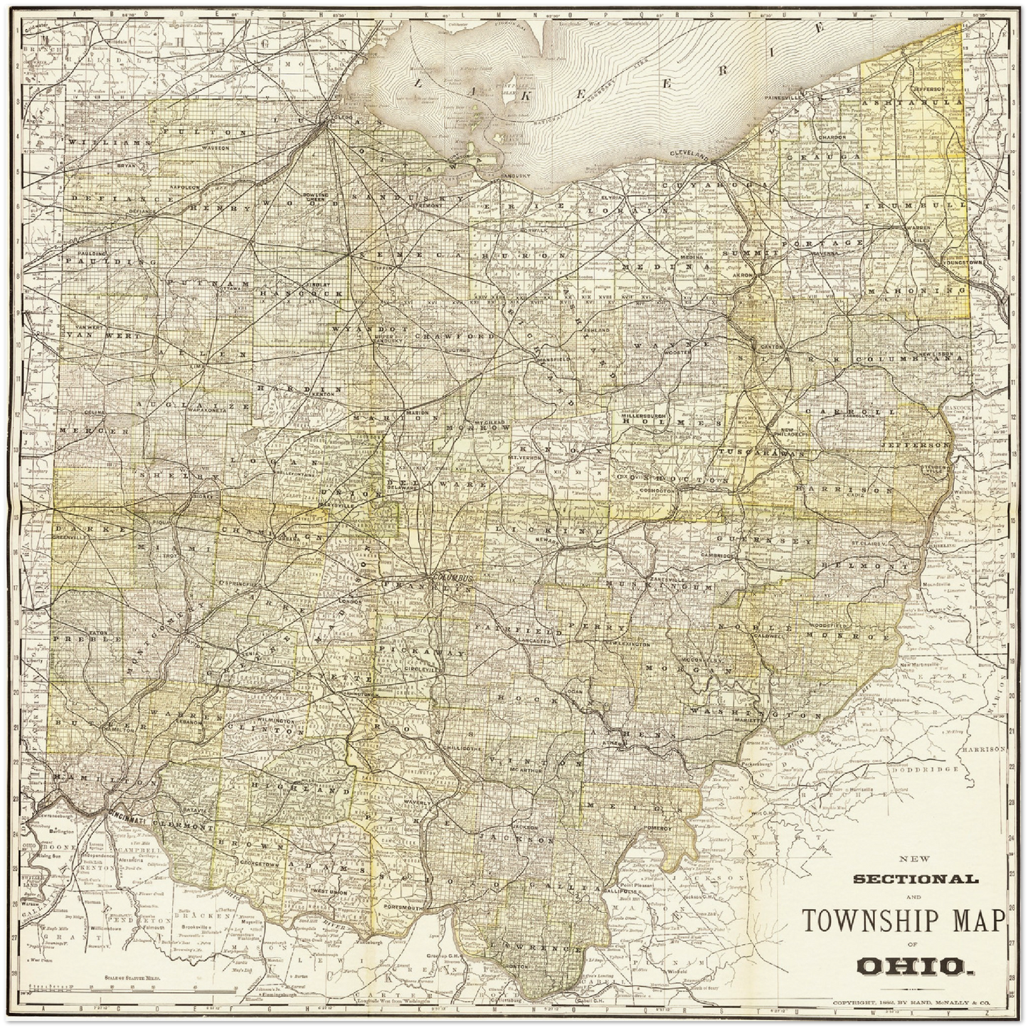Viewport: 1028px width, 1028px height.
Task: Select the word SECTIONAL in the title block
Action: pyautogui.click(x=915, y=879)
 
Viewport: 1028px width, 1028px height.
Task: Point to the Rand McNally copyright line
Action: pyautogui.click(x=918, y=1003)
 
